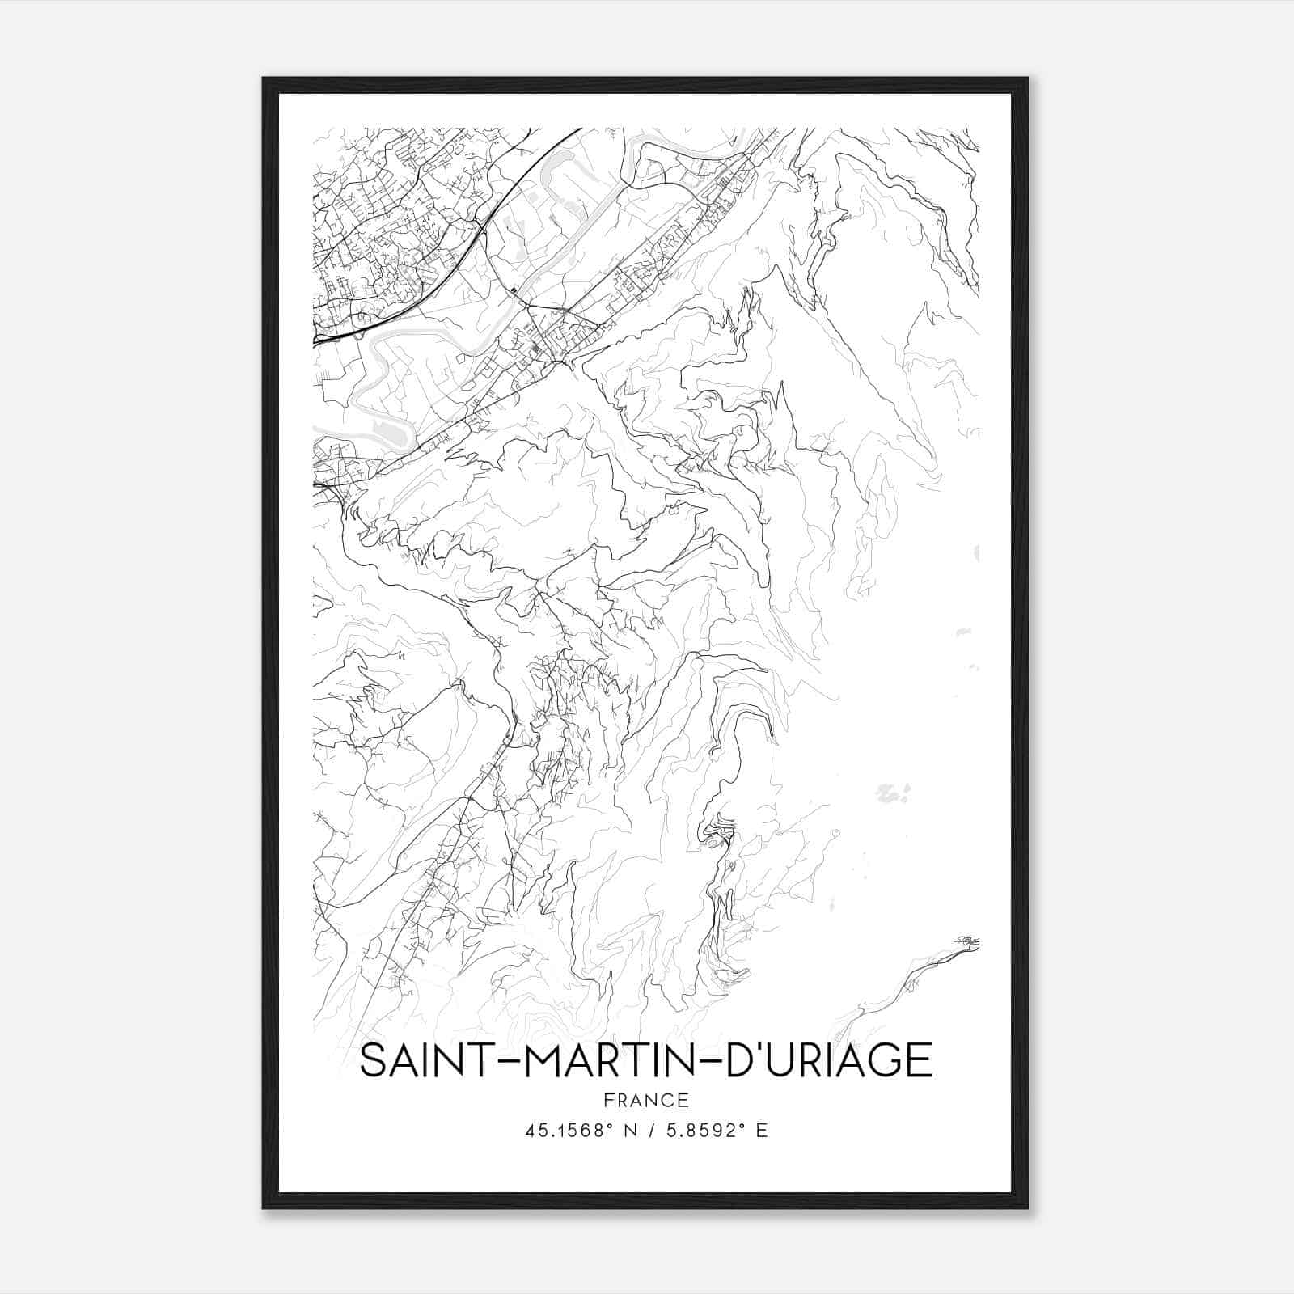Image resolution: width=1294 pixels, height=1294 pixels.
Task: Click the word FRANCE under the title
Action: [645, 1101]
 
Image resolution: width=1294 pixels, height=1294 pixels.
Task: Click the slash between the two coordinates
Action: [650, 1131]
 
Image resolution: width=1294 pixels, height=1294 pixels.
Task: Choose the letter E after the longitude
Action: [761, 1131]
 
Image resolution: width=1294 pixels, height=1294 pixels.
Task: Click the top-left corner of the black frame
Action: [264, 78]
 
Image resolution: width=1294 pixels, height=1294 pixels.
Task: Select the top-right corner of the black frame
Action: [1027, 78]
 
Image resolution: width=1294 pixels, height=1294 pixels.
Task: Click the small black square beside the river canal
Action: [514, 290]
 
